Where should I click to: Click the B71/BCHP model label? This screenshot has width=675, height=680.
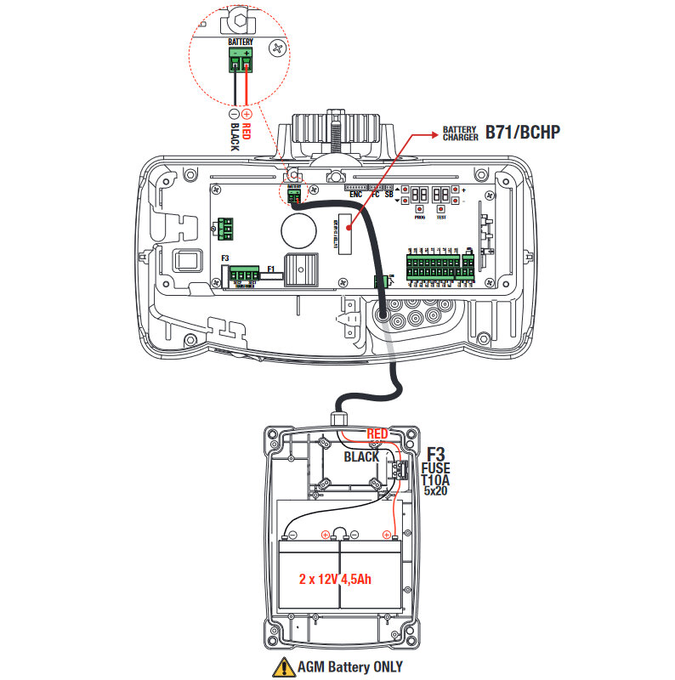click(x=524, y=133)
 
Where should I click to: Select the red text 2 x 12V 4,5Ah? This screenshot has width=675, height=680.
click(x=338, y=579)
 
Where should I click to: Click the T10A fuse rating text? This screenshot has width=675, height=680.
click(x=437, y=479)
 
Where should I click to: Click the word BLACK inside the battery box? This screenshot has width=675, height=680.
click(x=361, y=456)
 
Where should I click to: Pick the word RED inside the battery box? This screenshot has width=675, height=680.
click(x=377, y=434)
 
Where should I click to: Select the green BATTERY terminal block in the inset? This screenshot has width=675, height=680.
click(x=241, y=60)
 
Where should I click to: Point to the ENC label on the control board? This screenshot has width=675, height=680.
click(x=355, y=195)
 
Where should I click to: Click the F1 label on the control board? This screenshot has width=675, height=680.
click(x=271, y=269)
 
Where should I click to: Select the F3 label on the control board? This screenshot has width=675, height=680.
click(x=225, y=257)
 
